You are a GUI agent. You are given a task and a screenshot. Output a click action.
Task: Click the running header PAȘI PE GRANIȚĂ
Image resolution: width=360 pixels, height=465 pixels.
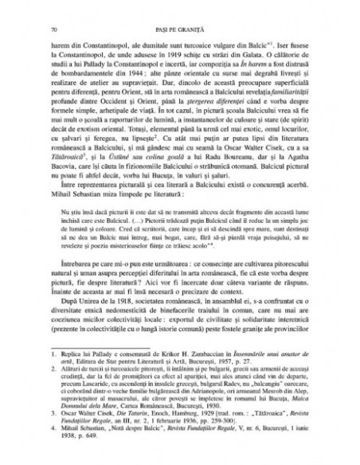click(x=179, y=29)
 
